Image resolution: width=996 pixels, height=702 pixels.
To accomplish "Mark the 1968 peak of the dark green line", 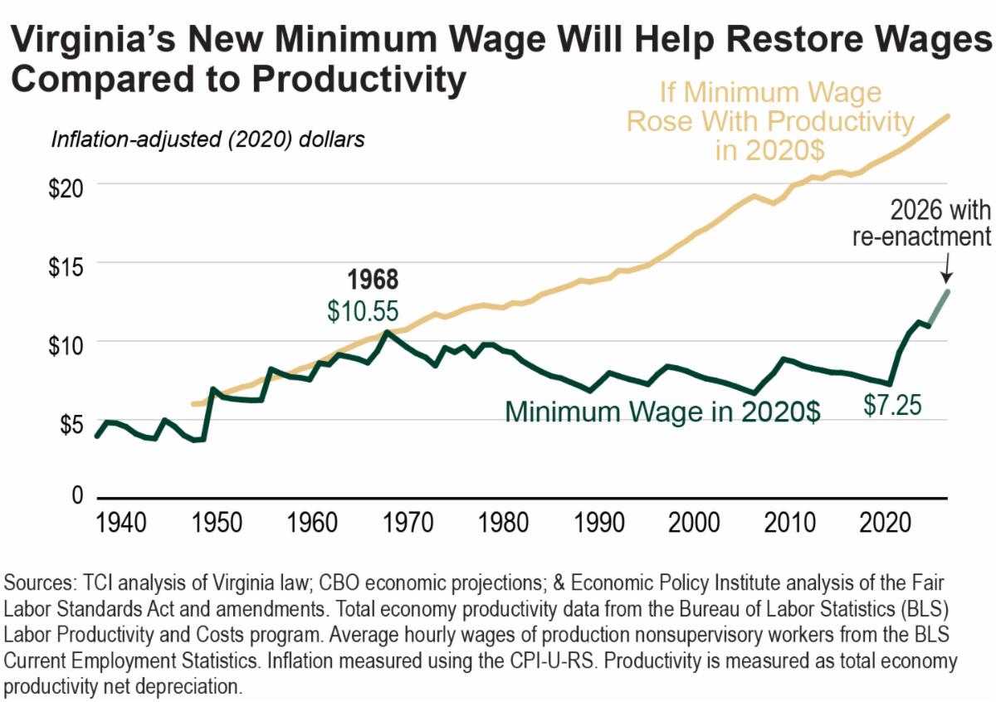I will (x=387, y=332).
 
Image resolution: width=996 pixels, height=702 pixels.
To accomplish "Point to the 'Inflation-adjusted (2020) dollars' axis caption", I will (x=207, y=139).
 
